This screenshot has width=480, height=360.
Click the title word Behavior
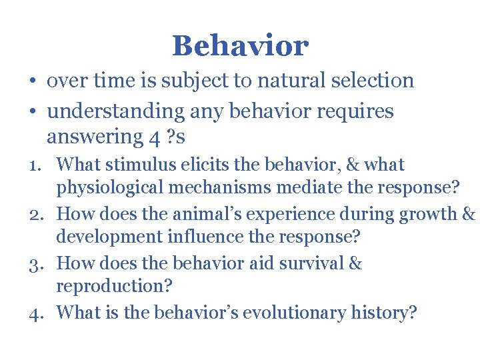[x=240, y=46]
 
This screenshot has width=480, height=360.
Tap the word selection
[x=377, y=81]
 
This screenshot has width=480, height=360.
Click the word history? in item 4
[x=384, y=312]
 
